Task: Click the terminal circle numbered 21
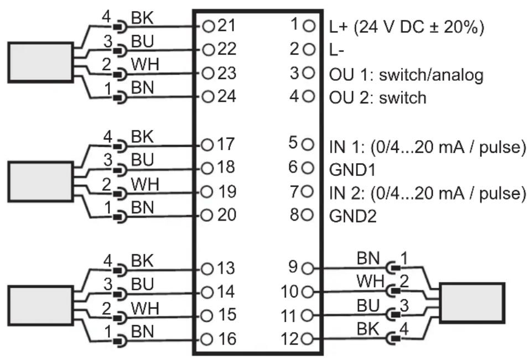209,26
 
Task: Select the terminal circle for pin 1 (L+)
309,25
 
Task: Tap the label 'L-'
336,50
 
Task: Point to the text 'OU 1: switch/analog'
406,75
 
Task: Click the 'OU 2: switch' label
377,97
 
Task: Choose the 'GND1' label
352,170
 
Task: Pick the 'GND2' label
352,216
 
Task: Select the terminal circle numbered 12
307,339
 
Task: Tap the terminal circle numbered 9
308,269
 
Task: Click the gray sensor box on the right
472,303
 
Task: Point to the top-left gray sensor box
40,62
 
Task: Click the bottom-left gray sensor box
40,306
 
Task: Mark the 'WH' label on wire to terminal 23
145,64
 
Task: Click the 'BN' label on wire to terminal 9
368,258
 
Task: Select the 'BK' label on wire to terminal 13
142,260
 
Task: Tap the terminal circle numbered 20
206,216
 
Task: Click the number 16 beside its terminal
227,339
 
